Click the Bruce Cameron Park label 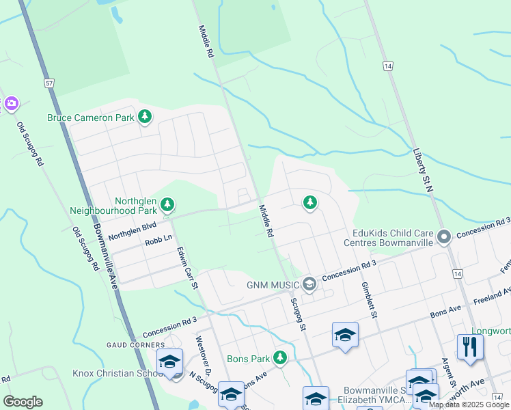(91, 118)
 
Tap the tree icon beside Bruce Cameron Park (144, 117)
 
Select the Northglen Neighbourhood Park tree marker (167, 204)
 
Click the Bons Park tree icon (279, 357)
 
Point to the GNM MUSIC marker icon (309, 284)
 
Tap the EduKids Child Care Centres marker (444, 237)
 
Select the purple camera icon (11, 103)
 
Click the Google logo (23, 401)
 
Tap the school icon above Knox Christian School (170, 362)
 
